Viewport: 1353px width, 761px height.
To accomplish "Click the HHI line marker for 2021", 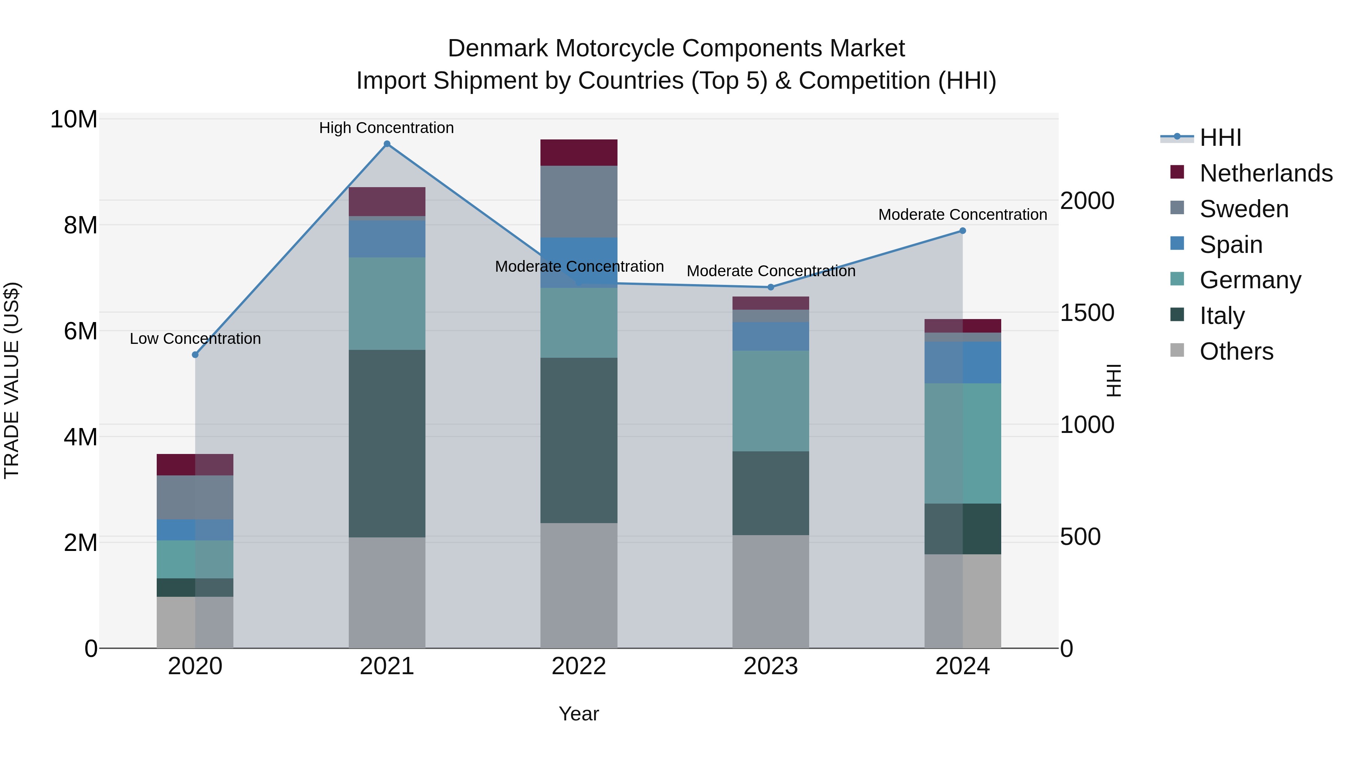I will click(387, 144).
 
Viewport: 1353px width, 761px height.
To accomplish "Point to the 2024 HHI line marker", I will click(963, 231).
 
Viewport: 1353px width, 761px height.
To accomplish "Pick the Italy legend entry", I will click(1222, 316).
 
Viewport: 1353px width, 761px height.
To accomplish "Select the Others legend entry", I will click(1236, 351).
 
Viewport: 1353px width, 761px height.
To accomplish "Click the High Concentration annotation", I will click(387, 128).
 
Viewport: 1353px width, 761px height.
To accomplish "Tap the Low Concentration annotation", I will click(195, 339).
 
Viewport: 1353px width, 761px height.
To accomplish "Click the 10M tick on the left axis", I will click(74, 120).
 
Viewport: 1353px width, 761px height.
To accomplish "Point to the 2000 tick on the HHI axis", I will click(1087, 201).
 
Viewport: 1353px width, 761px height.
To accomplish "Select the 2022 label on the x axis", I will click(579, 666).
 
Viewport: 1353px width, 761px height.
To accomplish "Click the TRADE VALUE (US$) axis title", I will click(12, 380).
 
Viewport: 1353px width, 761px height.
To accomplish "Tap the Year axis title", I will click(579, 714).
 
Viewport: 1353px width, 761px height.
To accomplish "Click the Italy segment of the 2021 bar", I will click(387, 443).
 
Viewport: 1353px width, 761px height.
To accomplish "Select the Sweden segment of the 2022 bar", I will click(579, 202).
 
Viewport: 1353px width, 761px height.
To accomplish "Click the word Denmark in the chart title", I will click(498, 48).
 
